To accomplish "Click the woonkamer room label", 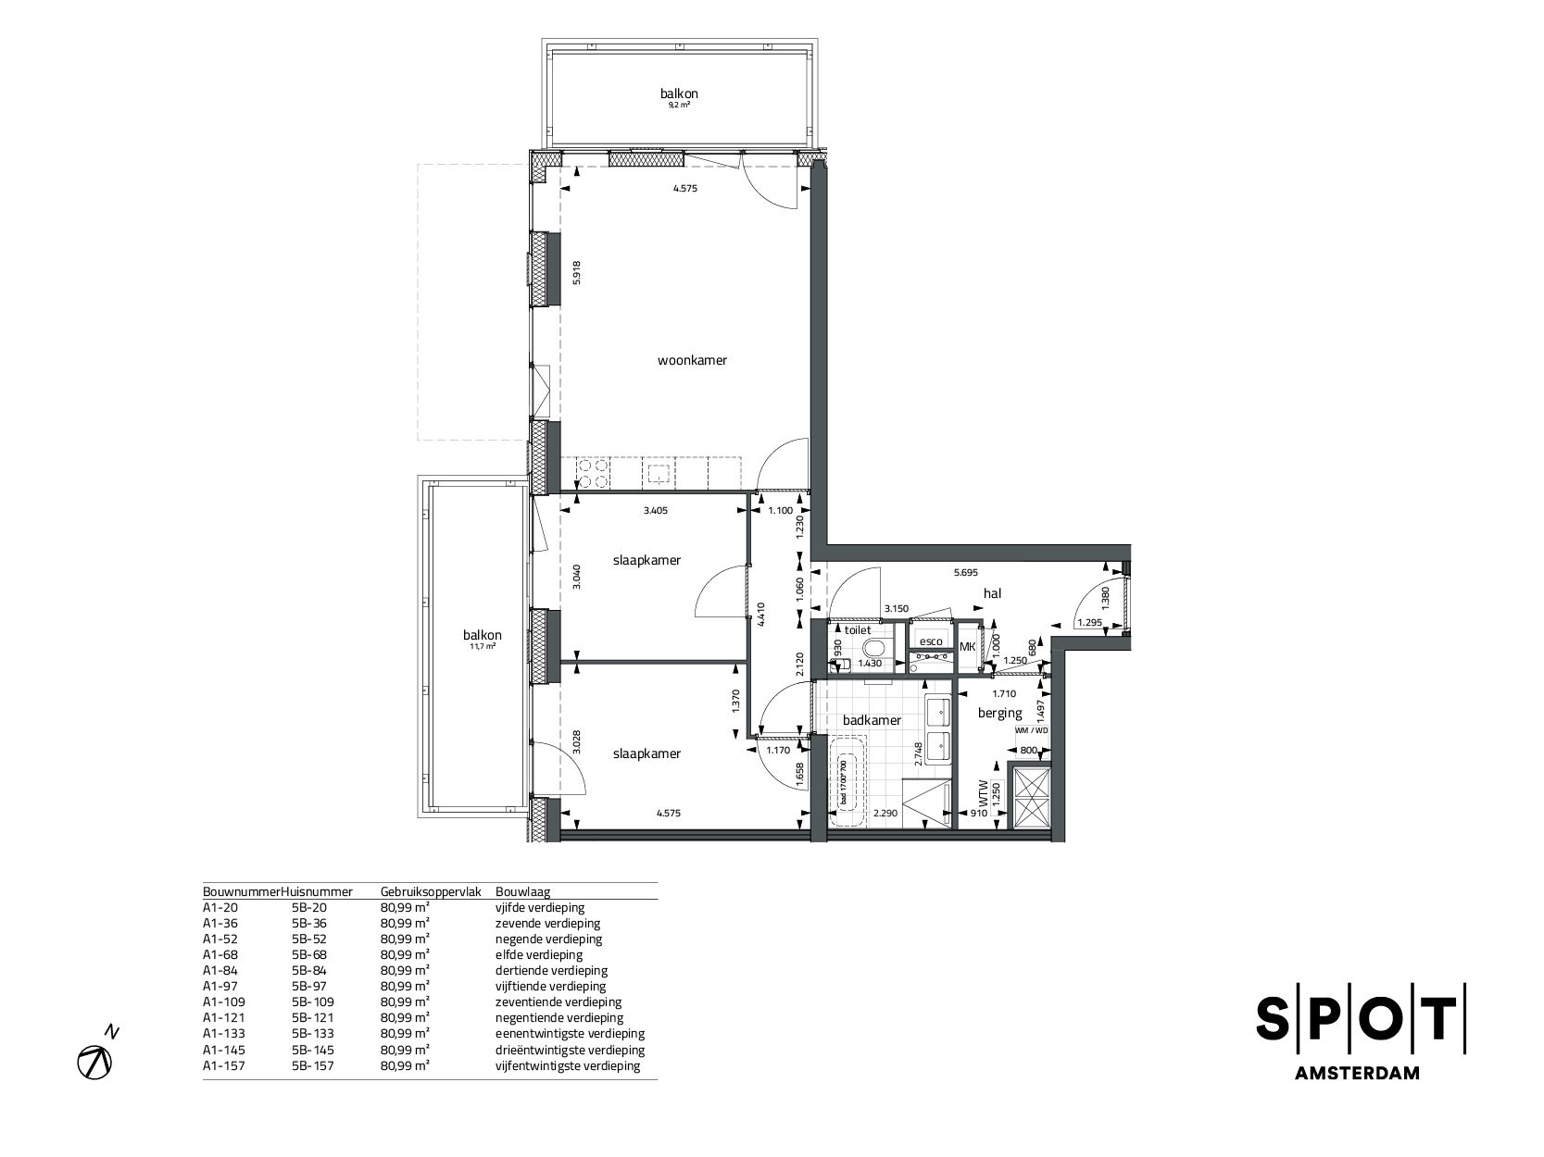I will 692,360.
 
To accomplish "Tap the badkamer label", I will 865,720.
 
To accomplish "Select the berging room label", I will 1000,713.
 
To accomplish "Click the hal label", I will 994,593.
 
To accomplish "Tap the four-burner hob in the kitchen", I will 593,473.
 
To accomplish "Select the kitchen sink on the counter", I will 659,474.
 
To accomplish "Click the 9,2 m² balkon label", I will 679,93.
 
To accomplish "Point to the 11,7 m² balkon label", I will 483,636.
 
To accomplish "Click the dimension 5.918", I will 577,272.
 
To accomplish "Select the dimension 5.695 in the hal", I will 967,573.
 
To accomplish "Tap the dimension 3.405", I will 655,510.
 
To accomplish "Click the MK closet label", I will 966,647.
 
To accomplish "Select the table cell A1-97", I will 219,986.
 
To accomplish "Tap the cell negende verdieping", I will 548,939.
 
